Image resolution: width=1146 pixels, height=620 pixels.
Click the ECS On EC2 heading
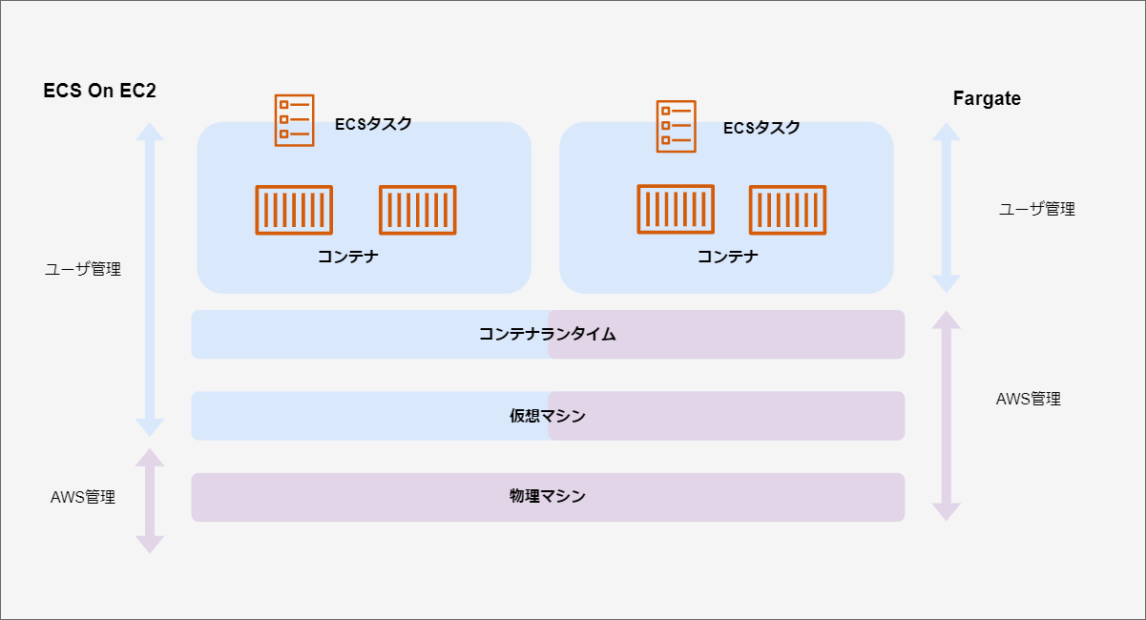(x=99, y=92)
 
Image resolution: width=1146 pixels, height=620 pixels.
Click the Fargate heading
(x=987, y=98)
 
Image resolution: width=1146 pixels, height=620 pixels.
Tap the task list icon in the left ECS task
(x=294, y=120)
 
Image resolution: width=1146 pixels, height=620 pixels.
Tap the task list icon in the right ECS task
(x=676, y=126)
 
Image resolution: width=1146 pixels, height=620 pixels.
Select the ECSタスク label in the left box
(x=374, y=124)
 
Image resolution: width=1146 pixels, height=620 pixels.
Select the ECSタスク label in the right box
(x=761, y=128)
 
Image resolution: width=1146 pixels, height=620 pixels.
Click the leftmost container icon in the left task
(x=294, y=210)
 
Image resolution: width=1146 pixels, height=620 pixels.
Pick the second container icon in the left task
(x=418, y=210)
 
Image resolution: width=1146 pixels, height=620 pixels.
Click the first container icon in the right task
(x=676, y=210)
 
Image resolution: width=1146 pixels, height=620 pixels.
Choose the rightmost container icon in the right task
(x=787, y=210)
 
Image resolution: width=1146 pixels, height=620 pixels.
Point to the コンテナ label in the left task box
(x=348, y=256)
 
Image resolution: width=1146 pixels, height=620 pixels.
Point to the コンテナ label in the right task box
(x=728, y=256)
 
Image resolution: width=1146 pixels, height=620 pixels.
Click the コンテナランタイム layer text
(x=548, y=335)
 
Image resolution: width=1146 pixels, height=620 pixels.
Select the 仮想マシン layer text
(x=548, y=416)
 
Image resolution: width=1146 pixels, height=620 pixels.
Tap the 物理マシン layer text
(x=548, y=497)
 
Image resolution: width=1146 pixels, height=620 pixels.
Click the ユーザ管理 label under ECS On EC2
(x=83, y=270)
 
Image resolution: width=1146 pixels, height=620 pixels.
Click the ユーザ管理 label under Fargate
(x=1037, y=209)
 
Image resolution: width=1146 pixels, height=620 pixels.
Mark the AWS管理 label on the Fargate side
(x=1028, y=399)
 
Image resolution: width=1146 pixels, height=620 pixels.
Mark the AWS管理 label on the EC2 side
(x=83, y=497)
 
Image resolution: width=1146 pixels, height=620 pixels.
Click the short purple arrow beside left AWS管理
(x=150, y=501)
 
